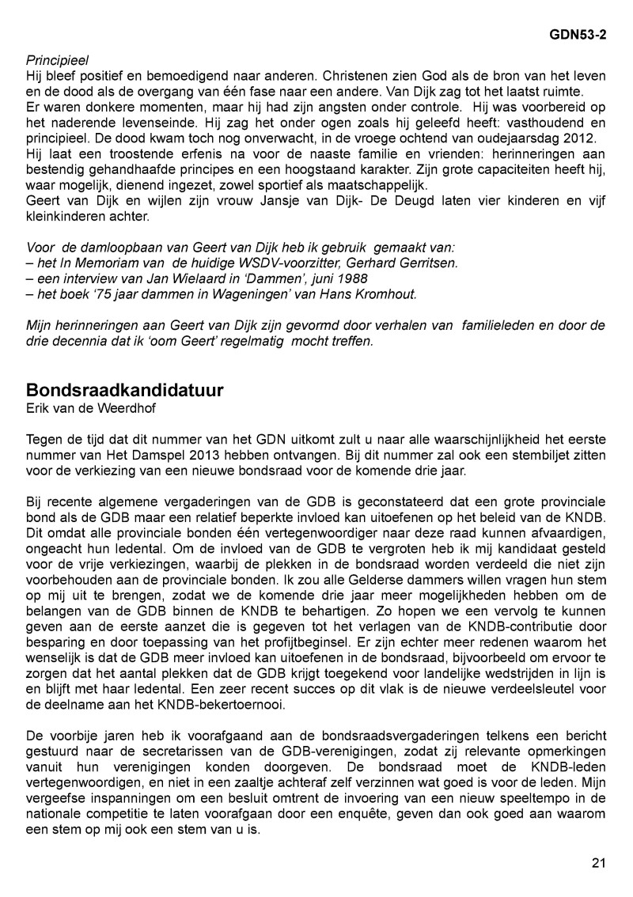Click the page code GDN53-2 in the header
point(578,36)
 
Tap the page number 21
point(598,863)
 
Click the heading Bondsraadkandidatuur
point(124,391)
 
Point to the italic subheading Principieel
point(58,60)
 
